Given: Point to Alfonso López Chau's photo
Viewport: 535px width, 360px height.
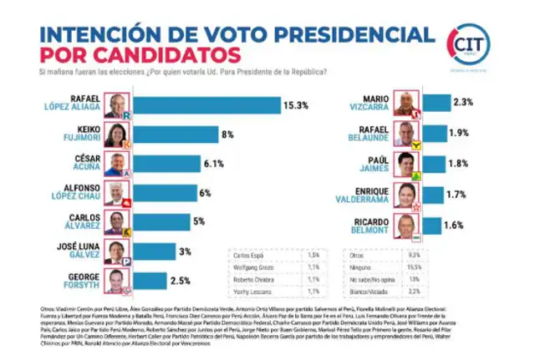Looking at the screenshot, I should pos(114,194).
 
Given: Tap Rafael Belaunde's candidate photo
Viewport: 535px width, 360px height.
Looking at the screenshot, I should pos(404,133).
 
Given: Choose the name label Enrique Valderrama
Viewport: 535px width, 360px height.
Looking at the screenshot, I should pos(364,194).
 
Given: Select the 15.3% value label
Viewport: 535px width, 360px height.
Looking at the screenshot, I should pos(299,105).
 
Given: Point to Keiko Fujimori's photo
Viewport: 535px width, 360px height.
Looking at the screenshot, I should pos(114,134).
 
